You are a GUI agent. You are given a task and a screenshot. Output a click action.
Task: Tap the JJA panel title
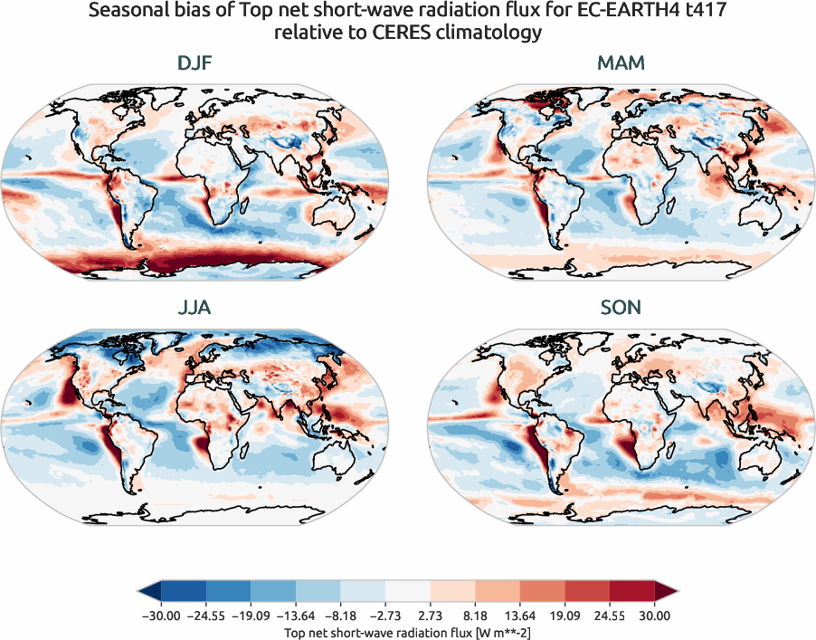point(196,308)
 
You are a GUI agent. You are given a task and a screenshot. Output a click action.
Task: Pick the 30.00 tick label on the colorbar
point(654,616)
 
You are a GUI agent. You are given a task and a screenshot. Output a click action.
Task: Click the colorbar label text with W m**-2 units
point(407,631)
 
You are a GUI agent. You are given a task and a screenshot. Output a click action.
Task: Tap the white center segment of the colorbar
point(408,593)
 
